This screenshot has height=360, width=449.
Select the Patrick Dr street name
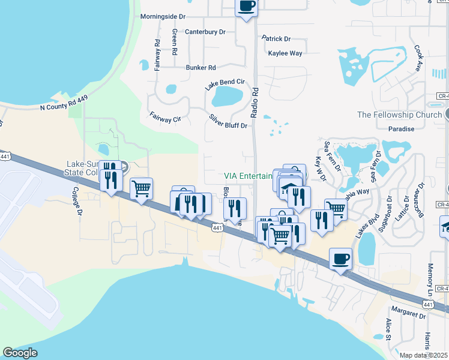click(x=276, y=39)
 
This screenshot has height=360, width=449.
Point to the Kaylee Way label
click(x=285, y=53)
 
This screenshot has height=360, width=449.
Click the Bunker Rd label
click(x=200, y=68)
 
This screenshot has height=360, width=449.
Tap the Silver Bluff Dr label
click(x=228, y=122)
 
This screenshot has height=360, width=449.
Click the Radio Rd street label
click(x=255, y=100)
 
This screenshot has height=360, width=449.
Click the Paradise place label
click(x=401, y=129)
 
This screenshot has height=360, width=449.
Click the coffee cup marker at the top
click(x=246, y=7)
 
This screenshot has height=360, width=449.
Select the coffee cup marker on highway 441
click(x=341, y=259)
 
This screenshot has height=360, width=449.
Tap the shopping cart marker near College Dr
click(x=141, y=188)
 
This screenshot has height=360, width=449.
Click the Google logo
click(x=20, y=353)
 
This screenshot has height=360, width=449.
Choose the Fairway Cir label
click(x=165, y=116)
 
